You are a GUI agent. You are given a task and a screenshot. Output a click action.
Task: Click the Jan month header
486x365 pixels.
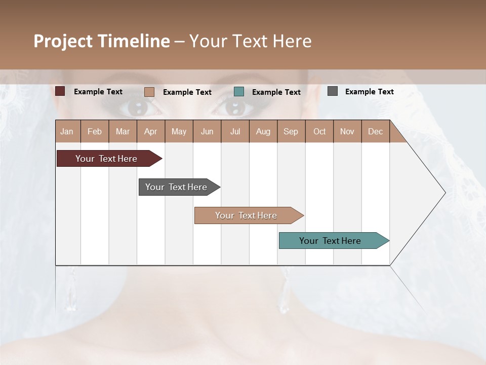(x=67, y=131)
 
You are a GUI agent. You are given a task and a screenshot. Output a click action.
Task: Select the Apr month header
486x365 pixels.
(x=151, y=131)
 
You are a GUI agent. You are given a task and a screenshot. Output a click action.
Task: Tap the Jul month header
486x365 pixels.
(x=235, y=131)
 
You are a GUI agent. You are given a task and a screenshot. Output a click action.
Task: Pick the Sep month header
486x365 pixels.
(x=291, y=131)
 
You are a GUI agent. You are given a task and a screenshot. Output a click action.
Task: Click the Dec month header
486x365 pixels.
(x=375, y=131)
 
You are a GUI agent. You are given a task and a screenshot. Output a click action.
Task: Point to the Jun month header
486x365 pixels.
(x=207, y=131)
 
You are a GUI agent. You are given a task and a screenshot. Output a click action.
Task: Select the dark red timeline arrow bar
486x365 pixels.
(x=106, y=159)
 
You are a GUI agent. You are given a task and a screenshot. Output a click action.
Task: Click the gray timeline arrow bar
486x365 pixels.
(x=176, y=187)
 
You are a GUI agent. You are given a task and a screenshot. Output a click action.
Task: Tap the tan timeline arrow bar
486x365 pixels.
(x=246, y=215)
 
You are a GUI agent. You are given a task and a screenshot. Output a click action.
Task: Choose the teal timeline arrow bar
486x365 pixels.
(x=330, y=241)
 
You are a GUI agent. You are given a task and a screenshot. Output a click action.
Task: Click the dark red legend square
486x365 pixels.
(x=60, y=91)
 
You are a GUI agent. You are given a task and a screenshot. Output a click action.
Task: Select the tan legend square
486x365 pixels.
(x=149, y=92)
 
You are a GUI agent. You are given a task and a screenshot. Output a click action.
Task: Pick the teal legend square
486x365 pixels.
(x=239, y=92)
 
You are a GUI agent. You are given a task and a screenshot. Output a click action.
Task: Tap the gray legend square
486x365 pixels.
(x=333, y=91)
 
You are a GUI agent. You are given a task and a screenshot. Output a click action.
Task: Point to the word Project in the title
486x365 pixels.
(x=63, y=41)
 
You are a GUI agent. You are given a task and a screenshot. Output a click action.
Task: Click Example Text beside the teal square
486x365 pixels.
(x=276, y=92)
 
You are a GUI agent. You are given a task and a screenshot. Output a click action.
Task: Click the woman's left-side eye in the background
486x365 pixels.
(x=137, y=106)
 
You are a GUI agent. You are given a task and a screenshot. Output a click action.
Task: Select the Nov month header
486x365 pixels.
(x=347, y=131)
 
